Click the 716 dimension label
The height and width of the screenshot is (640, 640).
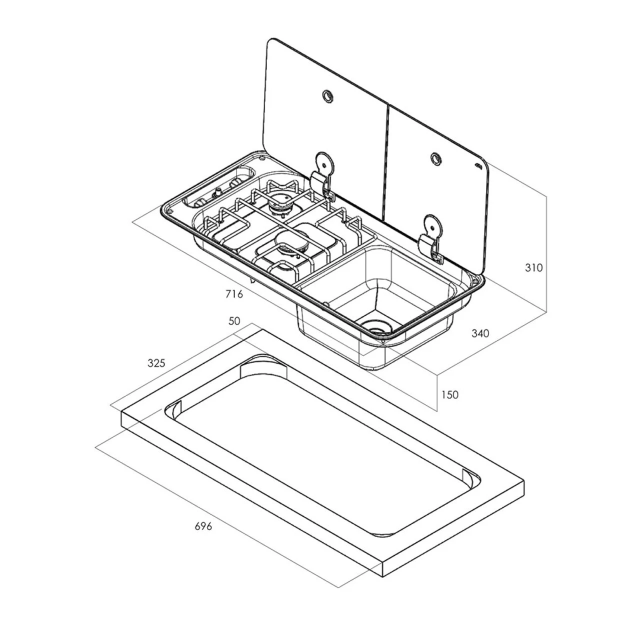[234, 294]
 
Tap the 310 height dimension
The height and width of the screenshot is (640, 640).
[533, 267]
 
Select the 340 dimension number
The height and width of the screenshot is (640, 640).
[480, 333]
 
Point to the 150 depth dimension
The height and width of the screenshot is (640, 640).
[449, 394]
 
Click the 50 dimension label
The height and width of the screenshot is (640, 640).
[234, 321]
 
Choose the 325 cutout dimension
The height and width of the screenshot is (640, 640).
[156, 363]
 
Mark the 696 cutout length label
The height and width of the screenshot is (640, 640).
[203, 526]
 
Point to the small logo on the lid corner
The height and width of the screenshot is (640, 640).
[477, 167]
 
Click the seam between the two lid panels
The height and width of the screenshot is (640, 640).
[386, 160]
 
